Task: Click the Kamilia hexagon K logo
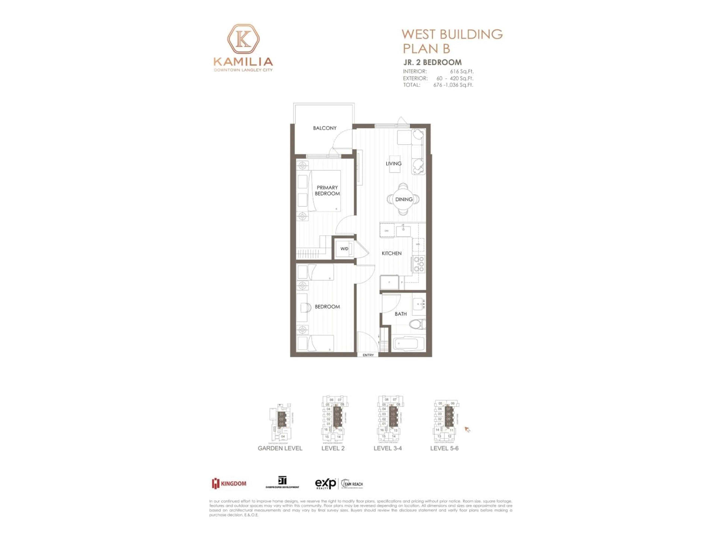[x=243, y=39]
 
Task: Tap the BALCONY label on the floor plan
[x=325, y=128]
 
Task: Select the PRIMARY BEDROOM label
[x=327, y=190]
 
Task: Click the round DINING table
[x=403, y=199]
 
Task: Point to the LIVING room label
[x=393, y=164]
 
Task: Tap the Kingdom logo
[x=229, y=483]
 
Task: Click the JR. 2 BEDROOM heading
[x=432, y=62]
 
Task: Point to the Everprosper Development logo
[x=282, y=482]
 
